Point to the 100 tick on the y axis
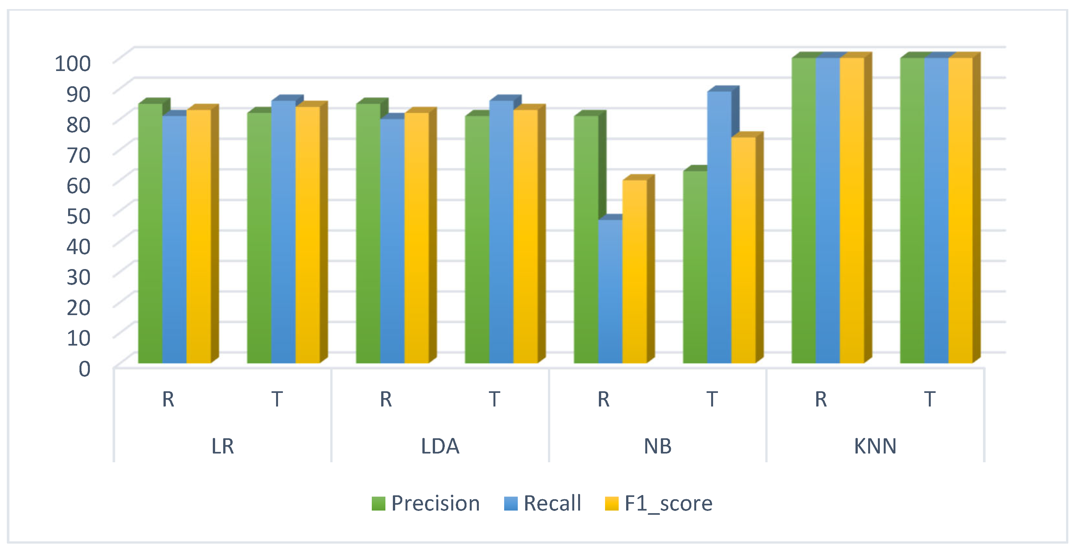tap(73, 63)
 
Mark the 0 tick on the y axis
tap(84, 369)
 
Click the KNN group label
tap(875, 446)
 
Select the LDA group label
tap(440, 446)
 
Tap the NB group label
tap(657, 446)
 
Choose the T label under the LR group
tap(277, 399)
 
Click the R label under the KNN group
tap(821, 399)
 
